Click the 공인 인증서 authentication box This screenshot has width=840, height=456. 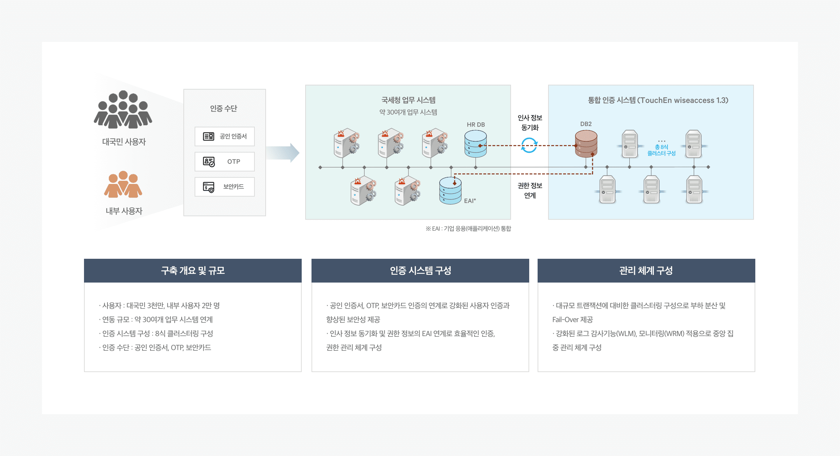pyautogui.click(x=224, y=136)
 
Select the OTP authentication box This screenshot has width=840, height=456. pyautogui.click(x=224, y=162)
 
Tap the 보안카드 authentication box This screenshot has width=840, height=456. pyautogui.click(x=224, y=187)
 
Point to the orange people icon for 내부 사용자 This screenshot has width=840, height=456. pyautogui.click(x=123, y=184)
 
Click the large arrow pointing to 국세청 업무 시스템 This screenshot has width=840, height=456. pyautogui.click(x=283, y=153)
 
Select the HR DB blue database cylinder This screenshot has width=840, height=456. pyautogui.click(x=475, y=144)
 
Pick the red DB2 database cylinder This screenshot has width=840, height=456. pyautogui.click(x=586, y=143)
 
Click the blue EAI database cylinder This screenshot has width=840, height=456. pyautogui.click(x=450, y=190)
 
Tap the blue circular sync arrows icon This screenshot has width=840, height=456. pyautogui.click(x=529, y=145)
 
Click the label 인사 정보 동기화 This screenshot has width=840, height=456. pyautogui.click(x=530, y=122)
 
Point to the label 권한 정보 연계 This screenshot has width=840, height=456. pyautogui.click(x=530, y=190)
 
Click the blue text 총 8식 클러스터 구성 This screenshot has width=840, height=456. pyautogui.click(x=661, y=150)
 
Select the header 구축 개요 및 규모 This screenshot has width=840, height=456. pyautogui.click(x=193, y=271)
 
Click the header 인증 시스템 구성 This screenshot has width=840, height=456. pyautogui.click(x=420, y=271)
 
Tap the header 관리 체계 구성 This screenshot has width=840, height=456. pyautogui.click(x=646, y=271)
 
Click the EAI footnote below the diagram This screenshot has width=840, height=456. pyautogui.click(x=468, y=229)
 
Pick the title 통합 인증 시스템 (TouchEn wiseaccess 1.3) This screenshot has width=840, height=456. pyautogui.click(x=658, y=100)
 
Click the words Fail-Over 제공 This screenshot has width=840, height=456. pyautogui.click(x=573, y=320)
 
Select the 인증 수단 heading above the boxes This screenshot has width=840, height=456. pyautogui.click(x=224, y=108)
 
